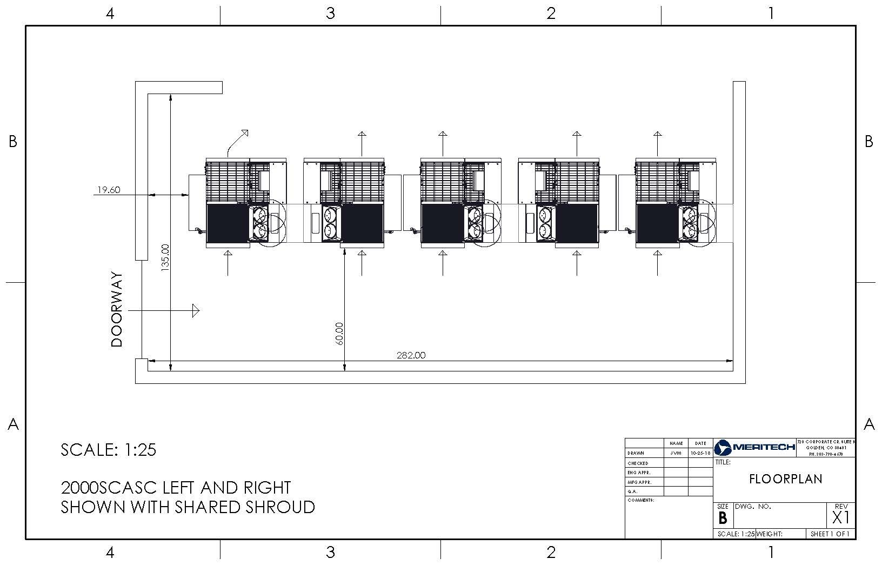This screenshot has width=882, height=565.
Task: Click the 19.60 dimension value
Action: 108,190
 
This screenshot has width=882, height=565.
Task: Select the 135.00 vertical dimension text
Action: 165,257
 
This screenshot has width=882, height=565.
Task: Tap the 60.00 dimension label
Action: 339,334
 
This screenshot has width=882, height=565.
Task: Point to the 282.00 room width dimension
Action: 411,355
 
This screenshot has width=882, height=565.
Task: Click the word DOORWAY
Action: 117,309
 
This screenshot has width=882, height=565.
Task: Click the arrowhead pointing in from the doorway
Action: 196,311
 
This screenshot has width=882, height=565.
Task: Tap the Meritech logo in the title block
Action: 754,447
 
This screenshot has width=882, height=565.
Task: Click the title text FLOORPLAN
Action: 785,479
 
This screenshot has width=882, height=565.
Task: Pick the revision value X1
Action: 841,518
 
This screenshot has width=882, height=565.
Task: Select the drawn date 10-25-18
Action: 700,454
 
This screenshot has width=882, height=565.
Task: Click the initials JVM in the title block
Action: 676,454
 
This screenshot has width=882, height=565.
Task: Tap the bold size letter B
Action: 723,519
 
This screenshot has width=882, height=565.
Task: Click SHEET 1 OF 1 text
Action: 830,534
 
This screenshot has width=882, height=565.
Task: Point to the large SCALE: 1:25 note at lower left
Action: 109,450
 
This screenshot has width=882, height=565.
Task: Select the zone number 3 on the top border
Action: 330,13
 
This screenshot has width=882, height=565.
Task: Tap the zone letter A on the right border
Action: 868,424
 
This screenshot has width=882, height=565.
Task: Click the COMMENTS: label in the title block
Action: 641,500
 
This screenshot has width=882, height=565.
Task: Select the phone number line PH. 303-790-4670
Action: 825,454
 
